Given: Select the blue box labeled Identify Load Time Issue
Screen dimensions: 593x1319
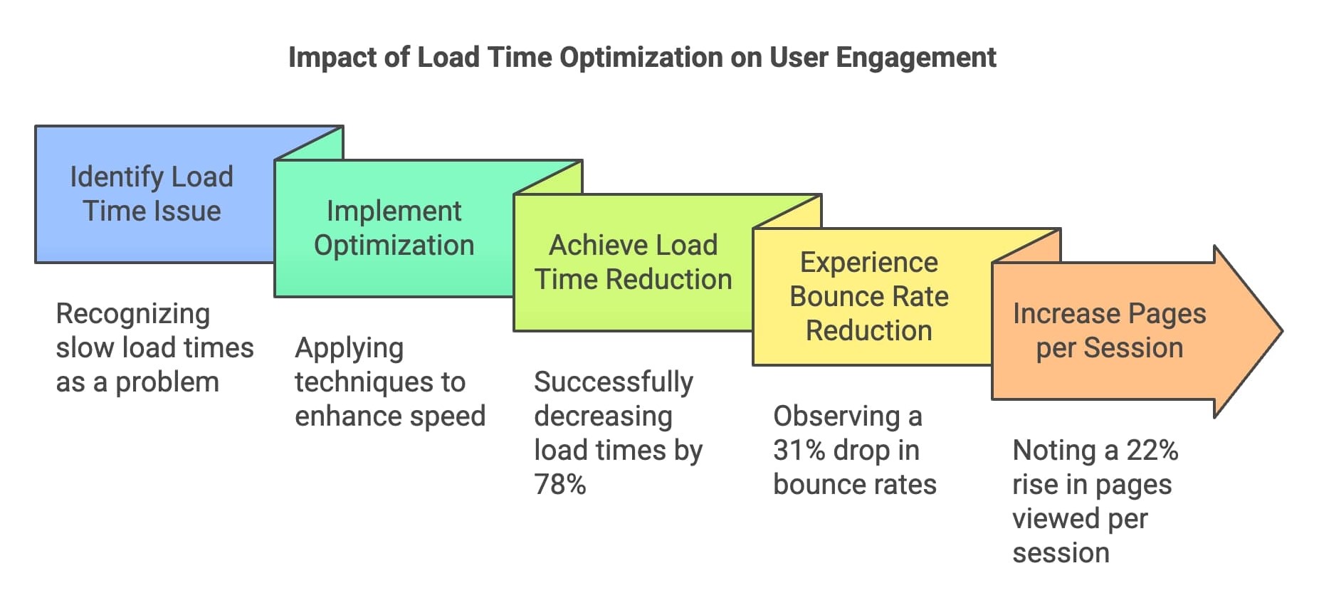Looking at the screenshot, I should pyautogui.click(x=152, y=194).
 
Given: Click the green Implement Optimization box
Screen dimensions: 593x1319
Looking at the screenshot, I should pyautogui.click(x=394, y=229).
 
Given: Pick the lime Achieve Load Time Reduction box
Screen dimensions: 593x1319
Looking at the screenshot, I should pyautogui.click(x=633, y=263).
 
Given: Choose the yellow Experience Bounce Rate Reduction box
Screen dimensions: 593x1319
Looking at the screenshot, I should pyautogui.click(x=869, y=297).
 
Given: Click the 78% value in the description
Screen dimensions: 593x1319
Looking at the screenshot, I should pyautogui.click(x=560, y=485).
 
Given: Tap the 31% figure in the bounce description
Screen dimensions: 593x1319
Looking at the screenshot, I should pyautogui.click(x=799, y=451).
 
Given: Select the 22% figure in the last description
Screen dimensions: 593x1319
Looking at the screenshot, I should pyautogui.click(x=1152, y=451).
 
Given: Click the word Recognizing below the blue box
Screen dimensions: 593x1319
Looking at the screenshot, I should pyautogui.click(x=133, y=314).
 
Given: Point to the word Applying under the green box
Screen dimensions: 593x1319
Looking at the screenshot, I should pyautogui.click(x=349, y=348).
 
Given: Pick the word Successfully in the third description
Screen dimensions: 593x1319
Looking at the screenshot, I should pyautogui.click(x=614, y=382).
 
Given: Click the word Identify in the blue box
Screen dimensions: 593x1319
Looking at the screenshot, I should pyautogui.click(x=117, y=177).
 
